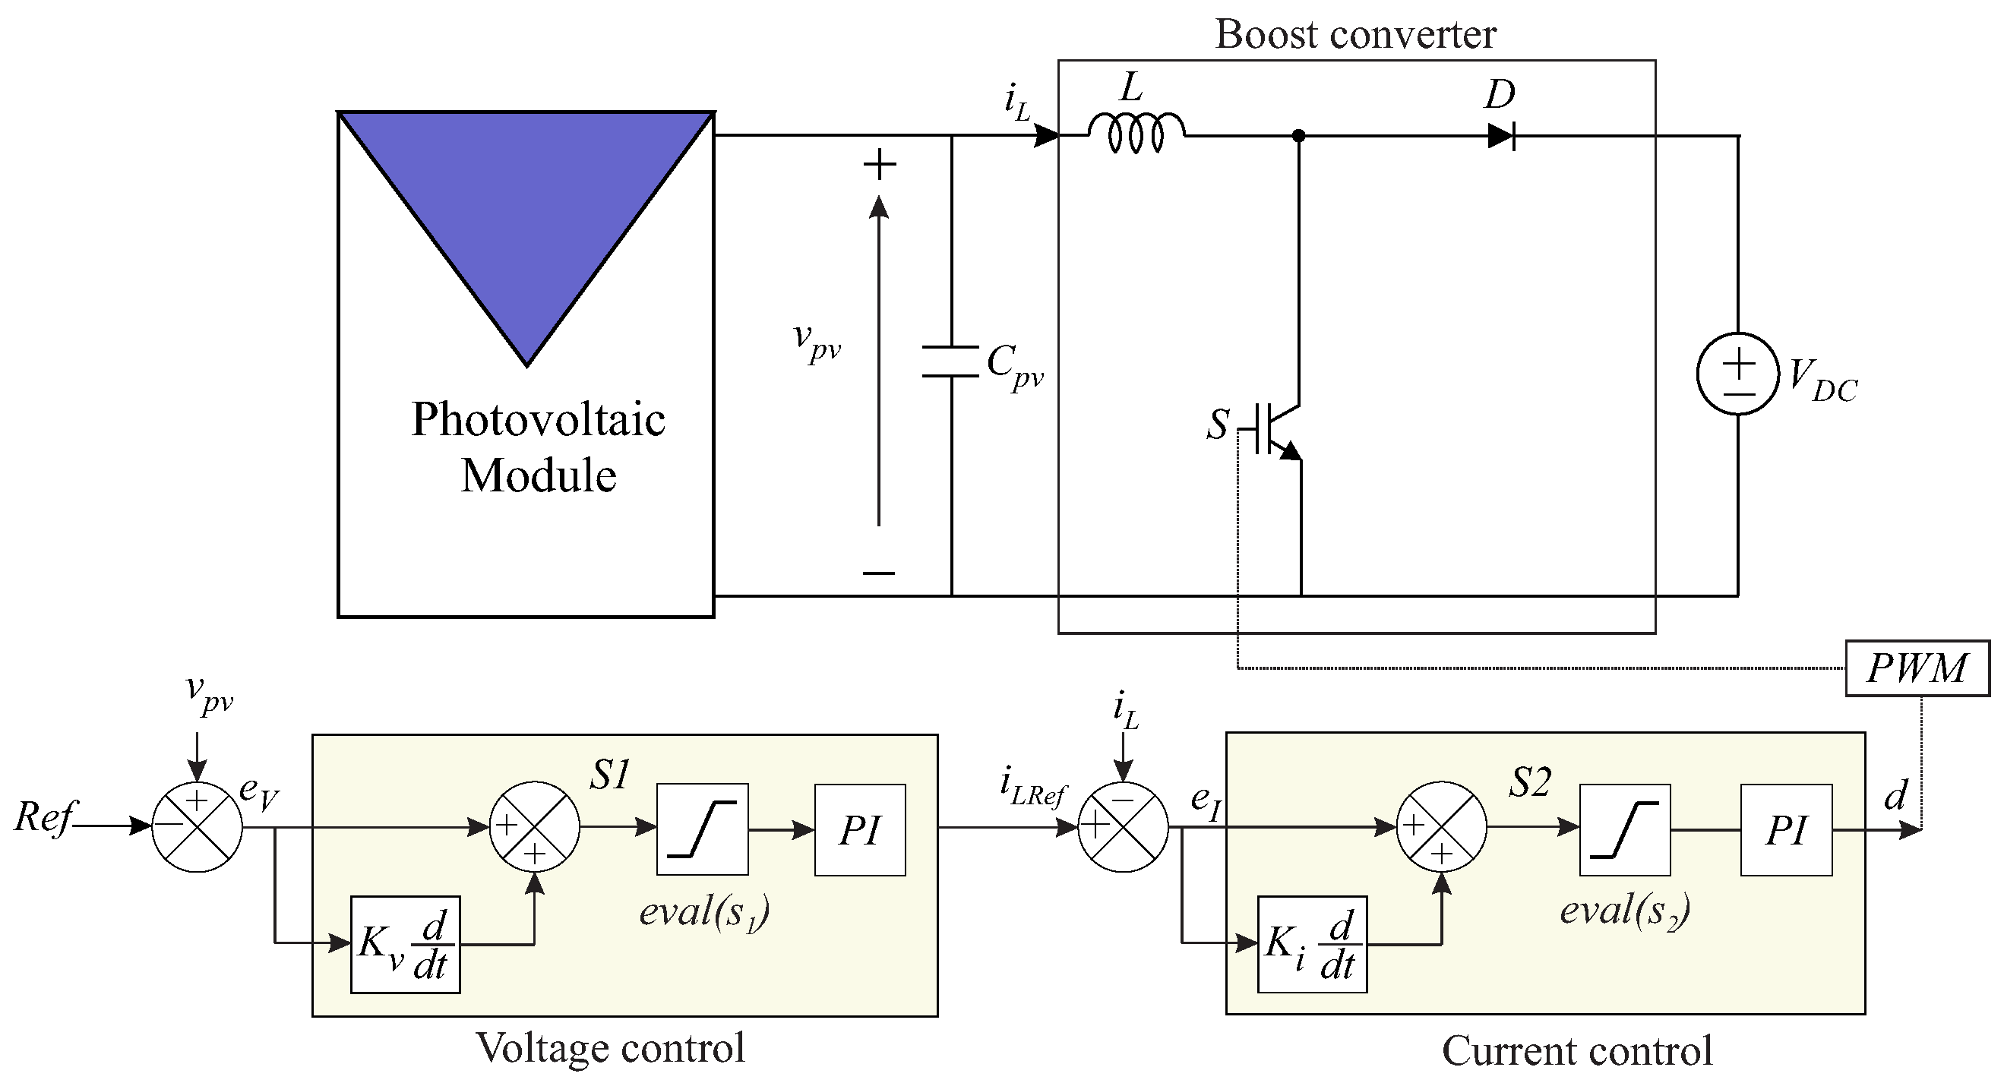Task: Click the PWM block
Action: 1917,668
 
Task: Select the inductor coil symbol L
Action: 1136,132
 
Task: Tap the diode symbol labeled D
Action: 1500,136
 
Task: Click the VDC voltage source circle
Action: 1738,374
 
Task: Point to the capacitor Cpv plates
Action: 950,362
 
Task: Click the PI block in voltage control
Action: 860,829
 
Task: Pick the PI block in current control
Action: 1786,829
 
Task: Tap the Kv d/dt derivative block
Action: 406,945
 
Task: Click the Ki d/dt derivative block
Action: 1313,944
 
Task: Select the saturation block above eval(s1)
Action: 703,829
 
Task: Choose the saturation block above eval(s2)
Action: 1624,829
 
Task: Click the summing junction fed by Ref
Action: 197,827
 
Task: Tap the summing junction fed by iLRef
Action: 1123,827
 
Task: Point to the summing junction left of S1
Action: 535,827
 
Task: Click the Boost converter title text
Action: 1356,34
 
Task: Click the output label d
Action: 1895,795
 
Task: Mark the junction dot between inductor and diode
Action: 1298,136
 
